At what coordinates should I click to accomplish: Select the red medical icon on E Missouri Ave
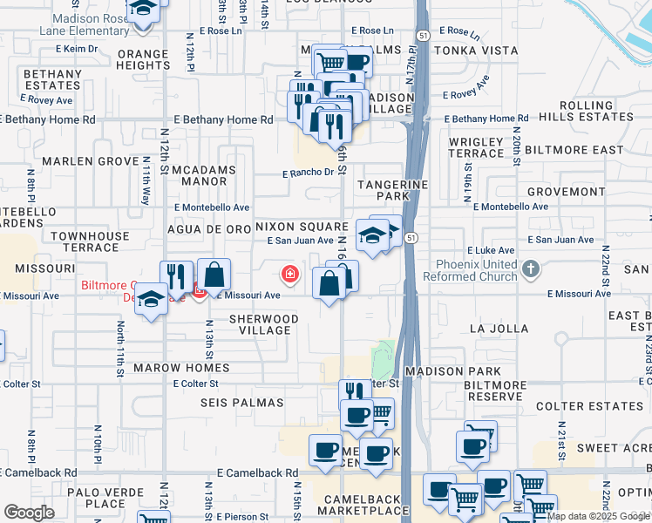point(289,276)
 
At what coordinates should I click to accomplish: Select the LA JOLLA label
point(499,329)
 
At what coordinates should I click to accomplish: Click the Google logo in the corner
point(30,513)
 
